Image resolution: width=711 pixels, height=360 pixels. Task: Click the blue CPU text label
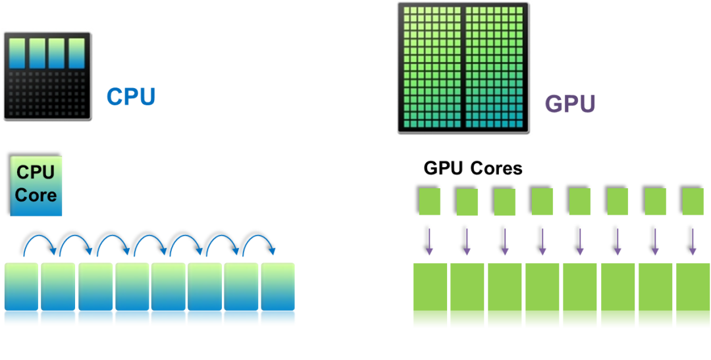tap(131, 97)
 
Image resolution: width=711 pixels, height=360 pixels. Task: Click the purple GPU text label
tap(569, 104)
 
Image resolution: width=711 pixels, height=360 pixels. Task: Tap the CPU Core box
tap(36, 186)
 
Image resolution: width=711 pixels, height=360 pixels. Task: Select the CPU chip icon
tap(48, 75)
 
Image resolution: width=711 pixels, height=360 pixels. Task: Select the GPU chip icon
tap(463, 68)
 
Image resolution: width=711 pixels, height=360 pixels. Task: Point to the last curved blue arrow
tap(259, 245)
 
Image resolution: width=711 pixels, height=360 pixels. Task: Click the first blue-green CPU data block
tap(22, 294)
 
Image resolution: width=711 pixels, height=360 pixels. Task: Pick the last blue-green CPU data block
tap(277, 294)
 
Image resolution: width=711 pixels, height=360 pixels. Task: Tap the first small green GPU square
tap(429, 201)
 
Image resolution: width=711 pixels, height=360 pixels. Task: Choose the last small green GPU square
tap(693, 201)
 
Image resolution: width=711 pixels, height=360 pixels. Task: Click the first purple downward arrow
tap(429, 242)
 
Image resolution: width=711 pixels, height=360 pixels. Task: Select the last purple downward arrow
tap(693, 242)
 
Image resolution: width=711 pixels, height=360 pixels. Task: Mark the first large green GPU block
tap(431, 295)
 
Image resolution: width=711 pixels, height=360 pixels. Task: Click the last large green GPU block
tap(693, 295)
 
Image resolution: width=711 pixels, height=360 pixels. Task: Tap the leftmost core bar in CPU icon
tap(17, 53)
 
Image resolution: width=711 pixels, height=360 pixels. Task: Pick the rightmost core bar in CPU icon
tap(77, 53)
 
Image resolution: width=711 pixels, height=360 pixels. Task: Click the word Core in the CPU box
tap(36, 195)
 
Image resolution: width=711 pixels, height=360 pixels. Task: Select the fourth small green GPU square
tap(542, 201)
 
